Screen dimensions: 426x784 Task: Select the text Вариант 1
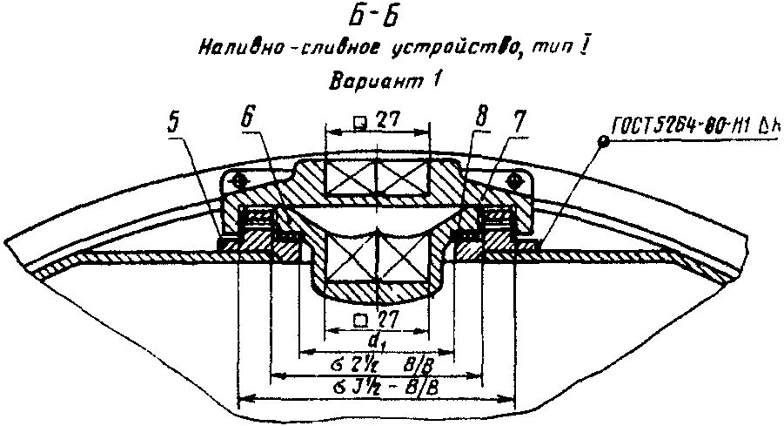click(x=385, y=83)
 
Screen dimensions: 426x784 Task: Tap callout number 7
click(x=519, y=120)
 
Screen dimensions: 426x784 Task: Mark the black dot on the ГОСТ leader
click(x=600, y=140)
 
